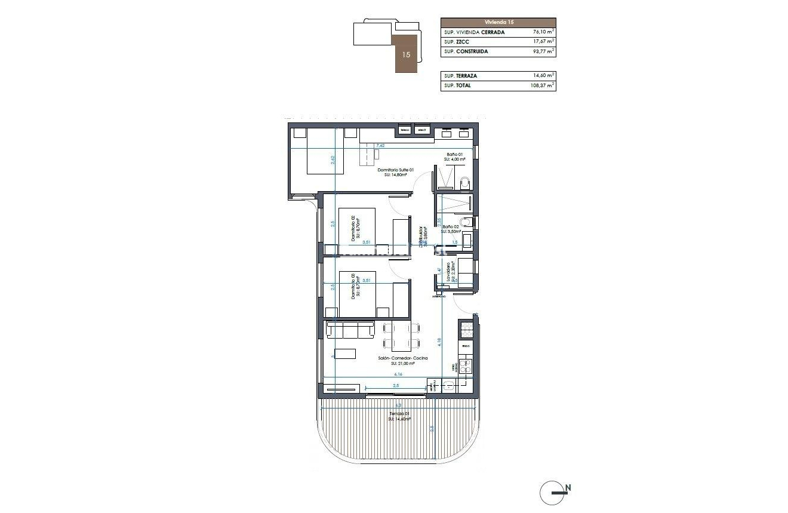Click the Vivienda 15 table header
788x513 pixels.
(498, 22)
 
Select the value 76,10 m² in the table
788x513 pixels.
(543, 32)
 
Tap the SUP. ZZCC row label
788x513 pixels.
(457, 42)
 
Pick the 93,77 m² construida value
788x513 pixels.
(543, 51)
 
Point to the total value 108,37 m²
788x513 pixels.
(542, 85)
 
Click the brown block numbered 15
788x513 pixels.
(407, 54)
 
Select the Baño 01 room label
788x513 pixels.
(456, 157)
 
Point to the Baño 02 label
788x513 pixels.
(451, 229)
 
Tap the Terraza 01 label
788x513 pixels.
(398, 416)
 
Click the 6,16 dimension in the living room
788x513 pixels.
(398, 374)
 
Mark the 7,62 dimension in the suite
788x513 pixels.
(380, 146)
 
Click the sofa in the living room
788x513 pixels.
(350, 330)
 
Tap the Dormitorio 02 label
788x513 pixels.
(353, 228)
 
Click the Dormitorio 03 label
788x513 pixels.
(353, 287)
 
